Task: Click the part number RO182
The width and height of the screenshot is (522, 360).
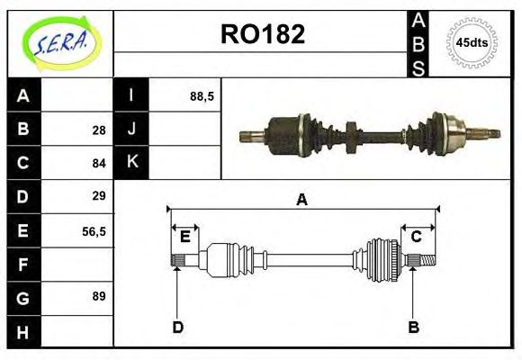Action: (x=263, y=34)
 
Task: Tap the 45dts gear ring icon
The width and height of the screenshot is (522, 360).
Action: (x=472, y=43)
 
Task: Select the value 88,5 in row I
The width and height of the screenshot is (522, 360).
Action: (x=202, y=95)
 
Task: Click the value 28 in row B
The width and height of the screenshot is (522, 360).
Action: (x=98, y=130)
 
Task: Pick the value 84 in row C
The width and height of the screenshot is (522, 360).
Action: (x=98, y=164)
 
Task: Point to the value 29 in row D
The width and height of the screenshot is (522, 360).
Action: (x=98, y=196)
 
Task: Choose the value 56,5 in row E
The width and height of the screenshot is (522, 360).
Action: (x=94, y=230)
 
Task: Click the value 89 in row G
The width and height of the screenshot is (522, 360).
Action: (x=98, y=295)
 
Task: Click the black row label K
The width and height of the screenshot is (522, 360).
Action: (x=131, y=163)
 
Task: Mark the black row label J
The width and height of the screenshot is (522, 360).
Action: (x=131, y=130)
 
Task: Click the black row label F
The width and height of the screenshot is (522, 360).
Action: (x=23, y=264)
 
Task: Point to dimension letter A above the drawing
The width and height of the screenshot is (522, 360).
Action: (x=302, y=200)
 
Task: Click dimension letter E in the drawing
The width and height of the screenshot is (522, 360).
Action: (x=184, y=237)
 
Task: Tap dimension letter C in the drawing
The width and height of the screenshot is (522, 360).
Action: (x=416, y=237)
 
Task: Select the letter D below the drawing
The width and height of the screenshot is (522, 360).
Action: (x=177, y=328)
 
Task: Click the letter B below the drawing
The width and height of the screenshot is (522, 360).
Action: (x=414, y=328)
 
